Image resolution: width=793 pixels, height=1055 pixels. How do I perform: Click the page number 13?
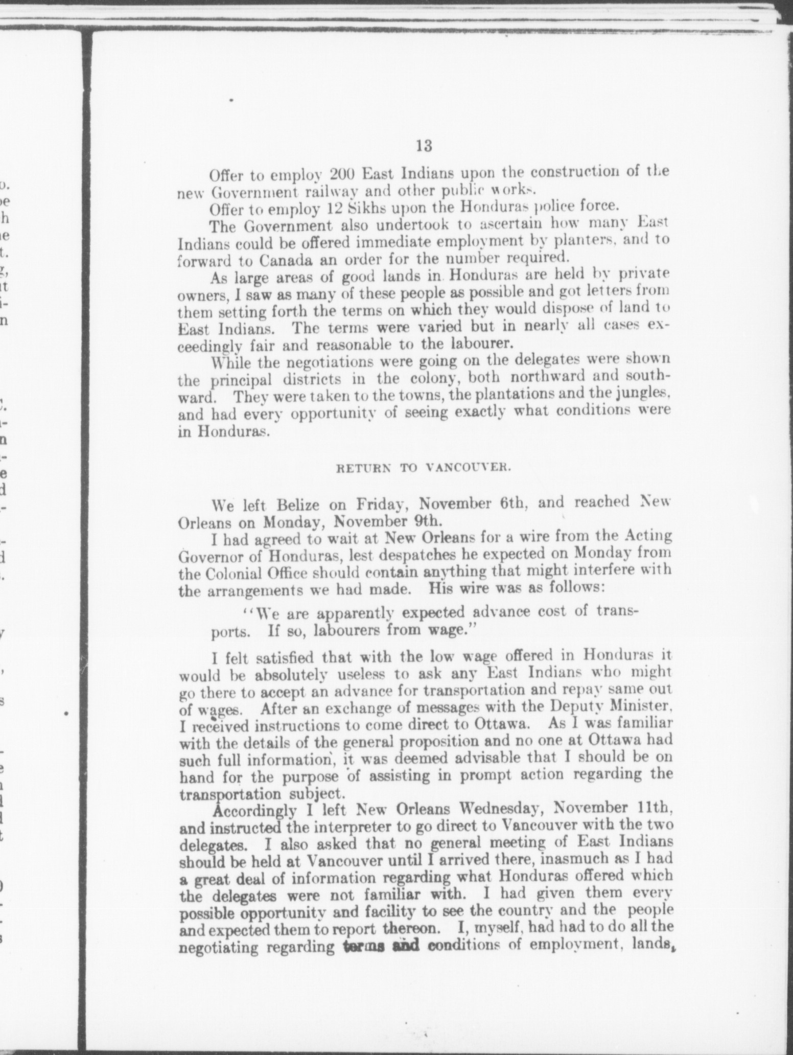tap(424, 146)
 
